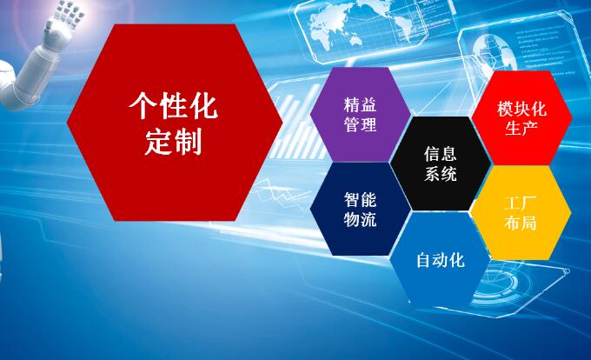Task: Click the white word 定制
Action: [x=174, y=142]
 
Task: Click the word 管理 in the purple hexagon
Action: [x=360, y=124]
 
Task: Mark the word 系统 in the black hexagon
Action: [x=440, y=173]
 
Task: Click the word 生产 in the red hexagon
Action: [x=521, y=129]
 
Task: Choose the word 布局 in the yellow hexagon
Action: [x=520, y=223]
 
